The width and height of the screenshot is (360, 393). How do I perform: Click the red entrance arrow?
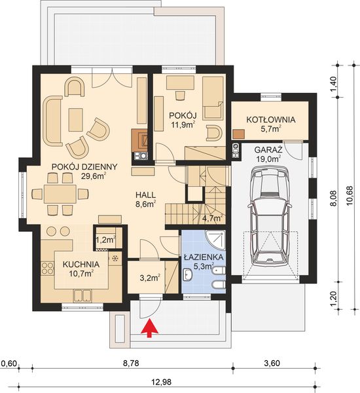pos(151,329)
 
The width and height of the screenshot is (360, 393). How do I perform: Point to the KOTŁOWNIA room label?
pos(270,120)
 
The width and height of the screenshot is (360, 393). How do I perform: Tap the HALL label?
pos(145,195)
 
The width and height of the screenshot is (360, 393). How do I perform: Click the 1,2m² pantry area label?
pos(105,240)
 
